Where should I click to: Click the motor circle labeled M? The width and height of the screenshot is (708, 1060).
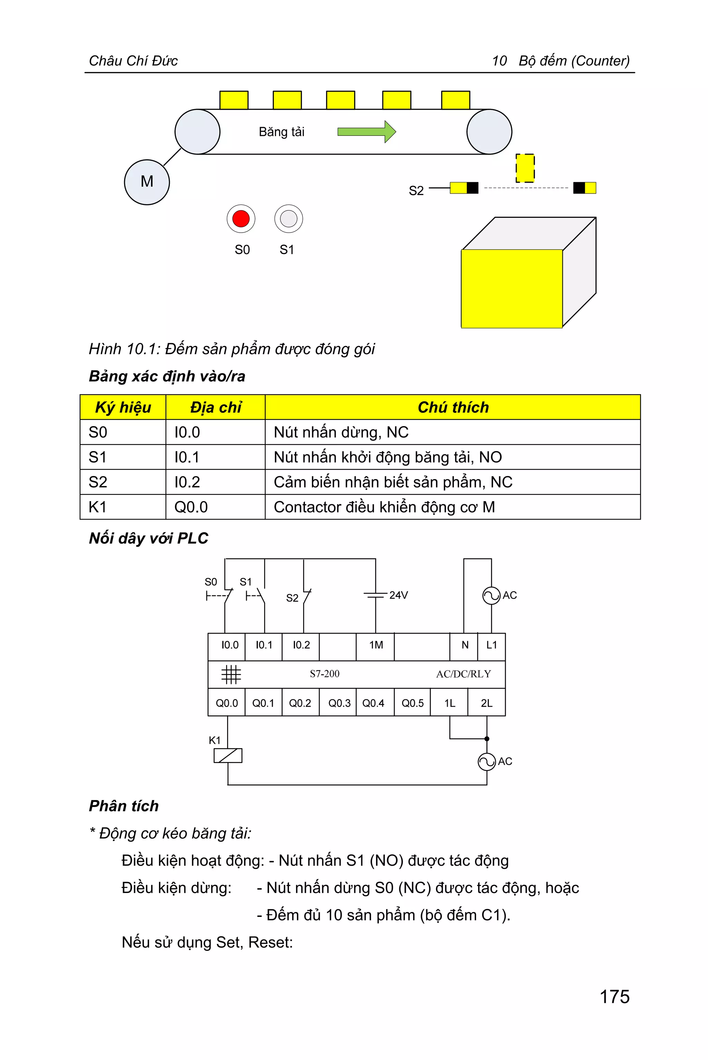(x=147, y=182)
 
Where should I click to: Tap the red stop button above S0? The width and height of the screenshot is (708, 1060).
(x=241, y=218)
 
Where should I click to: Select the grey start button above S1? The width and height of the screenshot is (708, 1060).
(x=289, y=218)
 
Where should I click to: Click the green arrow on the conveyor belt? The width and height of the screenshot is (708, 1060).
(x=366, y=132)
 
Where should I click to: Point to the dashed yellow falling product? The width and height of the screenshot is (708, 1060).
(x=525, y=168)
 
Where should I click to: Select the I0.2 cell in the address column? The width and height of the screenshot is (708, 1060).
(x=187, y=482)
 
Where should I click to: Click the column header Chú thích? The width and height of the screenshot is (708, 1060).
(x=453, y=407)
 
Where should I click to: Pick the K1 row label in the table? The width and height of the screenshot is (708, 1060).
(x=97, y=507)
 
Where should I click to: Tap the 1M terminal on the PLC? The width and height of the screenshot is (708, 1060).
(x=376, y=645)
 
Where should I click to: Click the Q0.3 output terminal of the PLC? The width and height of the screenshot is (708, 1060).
(x=339, y=703)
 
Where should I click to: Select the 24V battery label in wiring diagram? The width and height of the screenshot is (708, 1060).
(x=398, y=595)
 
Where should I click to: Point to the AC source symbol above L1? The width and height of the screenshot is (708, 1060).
(x=491, y=595)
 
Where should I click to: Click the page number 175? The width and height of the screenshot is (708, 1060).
(x=614, y=997)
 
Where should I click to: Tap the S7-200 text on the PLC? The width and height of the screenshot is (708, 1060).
(x=324, y=674)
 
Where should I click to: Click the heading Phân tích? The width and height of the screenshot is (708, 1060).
(x=124, y=806)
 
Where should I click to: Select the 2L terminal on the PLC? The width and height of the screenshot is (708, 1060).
(x=486, y=703)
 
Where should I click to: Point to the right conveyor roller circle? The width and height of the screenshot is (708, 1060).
(x=489, y=132)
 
